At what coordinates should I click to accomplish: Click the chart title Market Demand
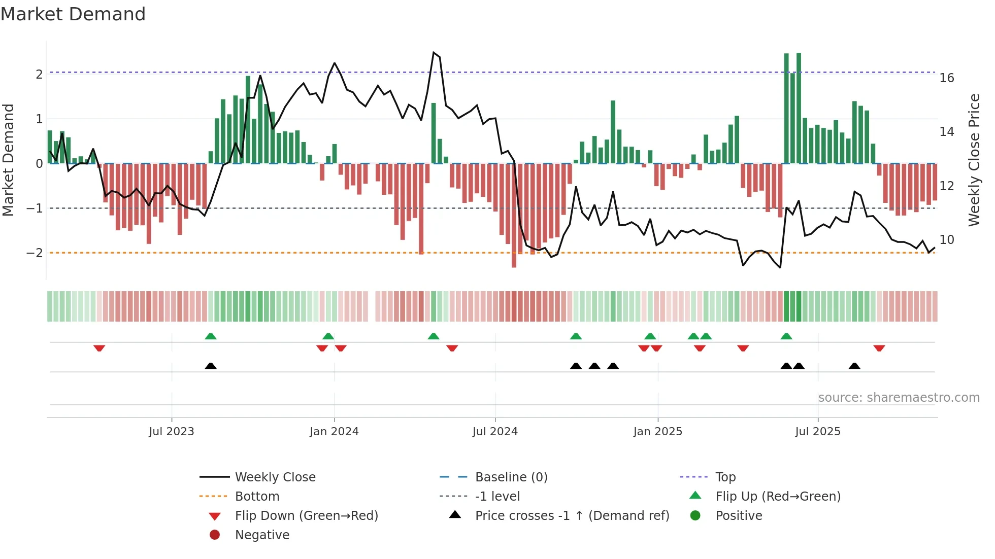73,14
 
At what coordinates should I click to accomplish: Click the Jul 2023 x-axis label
172,432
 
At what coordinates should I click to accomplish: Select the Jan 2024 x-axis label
334,432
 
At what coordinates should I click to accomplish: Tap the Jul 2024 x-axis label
495,432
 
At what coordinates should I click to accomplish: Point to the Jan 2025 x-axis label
658,432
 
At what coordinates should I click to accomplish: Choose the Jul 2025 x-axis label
818,432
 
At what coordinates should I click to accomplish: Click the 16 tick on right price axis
947,78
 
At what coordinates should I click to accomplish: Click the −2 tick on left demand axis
35,253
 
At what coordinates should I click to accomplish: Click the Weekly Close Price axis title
974,160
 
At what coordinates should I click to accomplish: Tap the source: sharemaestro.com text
899,397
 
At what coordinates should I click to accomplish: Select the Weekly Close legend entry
275,477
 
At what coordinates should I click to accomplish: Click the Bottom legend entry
257,496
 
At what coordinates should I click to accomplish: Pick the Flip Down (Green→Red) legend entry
306,515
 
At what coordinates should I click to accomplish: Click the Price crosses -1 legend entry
572,515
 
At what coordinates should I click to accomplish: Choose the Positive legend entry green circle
695,515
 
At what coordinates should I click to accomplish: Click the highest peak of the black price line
434,52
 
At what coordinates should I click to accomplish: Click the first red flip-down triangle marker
99,348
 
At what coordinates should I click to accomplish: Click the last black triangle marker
854,366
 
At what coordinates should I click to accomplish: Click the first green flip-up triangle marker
211,336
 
